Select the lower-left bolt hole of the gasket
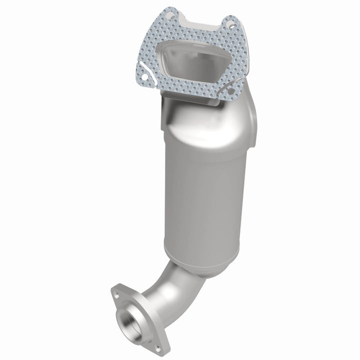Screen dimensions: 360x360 143,77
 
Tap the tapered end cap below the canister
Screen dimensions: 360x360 200,262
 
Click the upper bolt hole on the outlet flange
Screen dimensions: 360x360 117,295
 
